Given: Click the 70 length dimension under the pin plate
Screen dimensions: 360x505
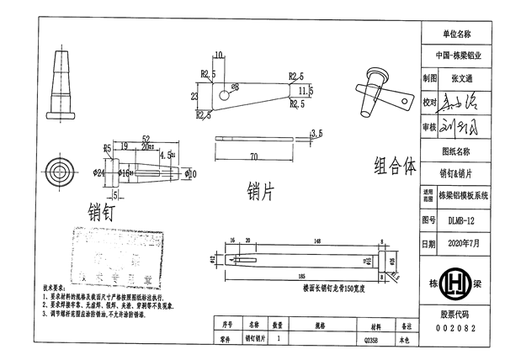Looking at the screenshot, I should coord(253,157).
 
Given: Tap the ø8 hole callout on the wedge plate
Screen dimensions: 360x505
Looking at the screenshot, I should coord(235,87).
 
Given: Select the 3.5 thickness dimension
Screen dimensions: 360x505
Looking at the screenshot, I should coord(316,133).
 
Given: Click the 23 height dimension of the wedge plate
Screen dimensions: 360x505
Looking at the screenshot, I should coord(194,97).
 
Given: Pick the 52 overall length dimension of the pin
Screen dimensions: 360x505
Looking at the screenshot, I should coord(146,139).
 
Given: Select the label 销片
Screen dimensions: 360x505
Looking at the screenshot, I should coord(261,193).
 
